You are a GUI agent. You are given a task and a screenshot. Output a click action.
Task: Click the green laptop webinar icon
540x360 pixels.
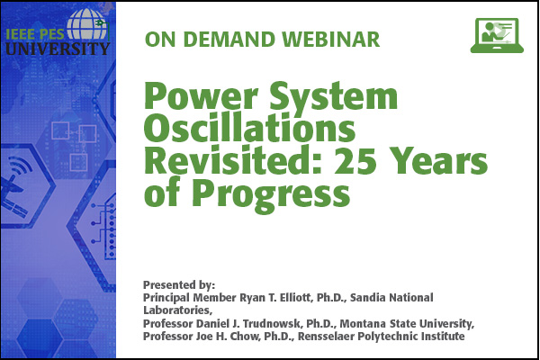(497, 35)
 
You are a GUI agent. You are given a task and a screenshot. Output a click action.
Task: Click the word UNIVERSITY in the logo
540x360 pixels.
(58, 49)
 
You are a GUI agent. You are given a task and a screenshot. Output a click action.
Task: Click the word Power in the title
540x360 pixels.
(201, 96)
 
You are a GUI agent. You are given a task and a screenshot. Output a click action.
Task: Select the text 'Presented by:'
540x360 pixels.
(179, 285)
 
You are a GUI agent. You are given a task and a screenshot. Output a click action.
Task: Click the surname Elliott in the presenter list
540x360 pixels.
(296, 297)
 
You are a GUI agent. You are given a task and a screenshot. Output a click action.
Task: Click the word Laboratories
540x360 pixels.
(177, 310)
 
